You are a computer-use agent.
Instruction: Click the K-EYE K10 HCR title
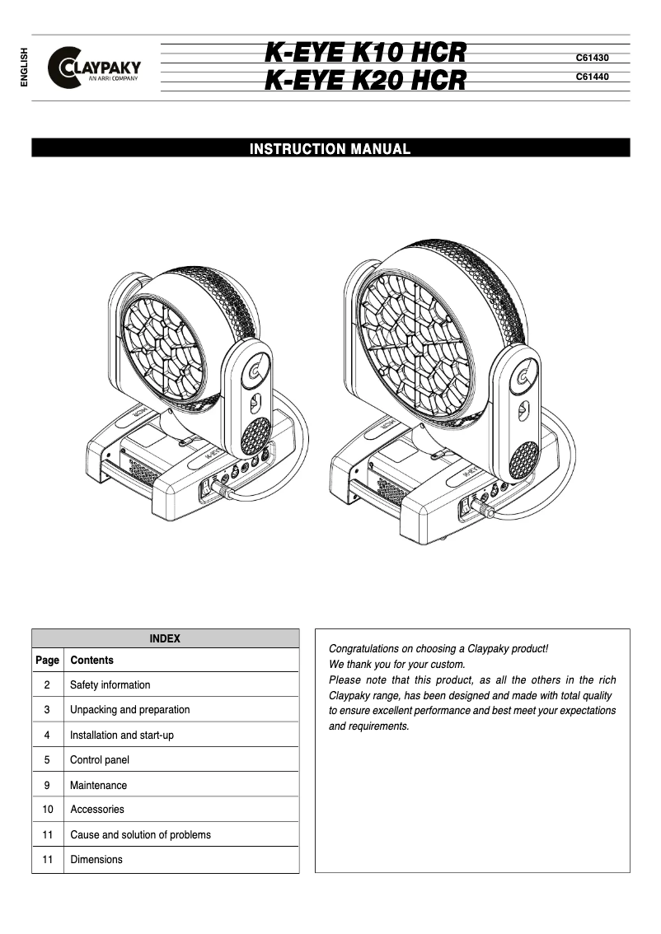coord(365,54)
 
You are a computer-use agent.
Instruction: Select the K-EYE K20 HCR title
coord(365,81)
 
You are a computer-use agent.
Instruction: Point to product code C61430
coord(591,58)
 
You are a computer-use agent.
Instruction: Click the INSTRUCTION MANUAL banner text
coord(330,149)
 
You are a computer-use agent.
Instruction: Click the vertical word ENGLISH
coord(23,68)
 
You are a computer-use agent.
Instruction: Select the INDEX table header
coord(165,638)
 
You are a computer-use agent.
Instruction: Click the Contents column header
coord(92,661)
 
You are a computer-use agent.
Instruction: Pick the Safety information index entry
coord(110,685)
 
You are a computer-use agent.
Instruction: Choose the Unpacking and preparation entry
coord(129,710)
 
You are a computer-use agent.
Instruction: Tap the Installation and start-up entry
coord(122,736)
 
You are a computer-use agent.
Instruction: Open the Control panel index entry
coord(100,760)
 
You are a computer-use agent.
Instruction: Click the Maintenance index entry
coord(99,786)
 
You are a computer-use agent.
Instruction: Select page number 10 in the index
coord(47,810)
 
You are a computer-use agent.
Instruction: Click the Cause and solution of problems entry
coord(140,835)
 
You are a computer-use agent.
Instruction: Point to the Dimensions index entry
coord(96,860)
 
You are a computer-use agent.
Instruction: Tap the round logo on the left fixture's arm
coord(257,367)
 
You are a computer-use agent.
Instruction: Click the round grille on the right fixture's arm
coord(523,460)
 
